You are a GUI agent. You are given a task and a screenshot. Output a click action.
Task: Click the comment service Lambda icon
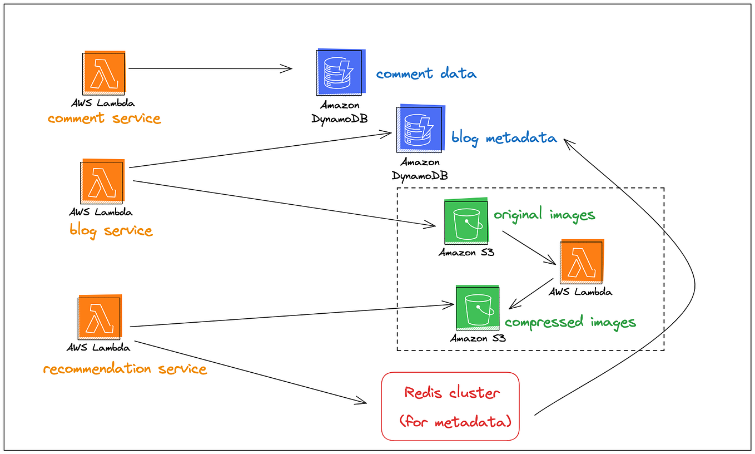click(104, 73)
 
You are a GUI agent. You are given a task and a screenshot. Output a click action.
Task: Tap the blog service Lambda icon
click(102, 181)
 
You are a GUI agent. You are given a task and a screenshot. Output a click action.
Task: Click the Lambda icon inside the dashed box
click(582, 262)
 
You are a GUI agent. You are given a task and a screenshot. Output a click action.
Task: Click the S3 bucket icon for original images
click(466, 221)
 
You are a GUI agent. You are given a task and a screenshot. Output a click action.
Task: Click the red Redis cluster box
click(450, 407)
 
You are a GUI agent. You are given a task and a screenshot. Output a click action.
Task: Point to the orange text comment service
click(104, 119)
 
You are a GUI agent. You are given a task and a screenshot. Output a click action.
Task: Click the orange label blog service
click(111, 230)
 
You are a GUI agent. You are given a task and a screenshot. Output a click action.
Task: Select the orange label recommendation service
click(125, 369)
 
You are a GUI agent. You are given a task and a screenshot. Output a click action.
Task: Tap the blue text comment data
click(426, 73)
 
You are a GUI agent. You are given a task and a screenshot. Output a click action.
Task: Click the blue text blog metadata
click(504, 138)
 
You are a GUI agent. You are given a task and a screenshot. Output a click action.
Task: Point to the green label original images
click(544, 215)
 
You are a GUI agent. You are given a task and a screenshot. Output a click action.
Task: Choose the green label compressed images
click(570, 322)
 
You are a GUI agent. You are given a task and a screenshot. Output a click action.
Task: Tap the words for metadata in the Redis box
click(455, 422)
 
